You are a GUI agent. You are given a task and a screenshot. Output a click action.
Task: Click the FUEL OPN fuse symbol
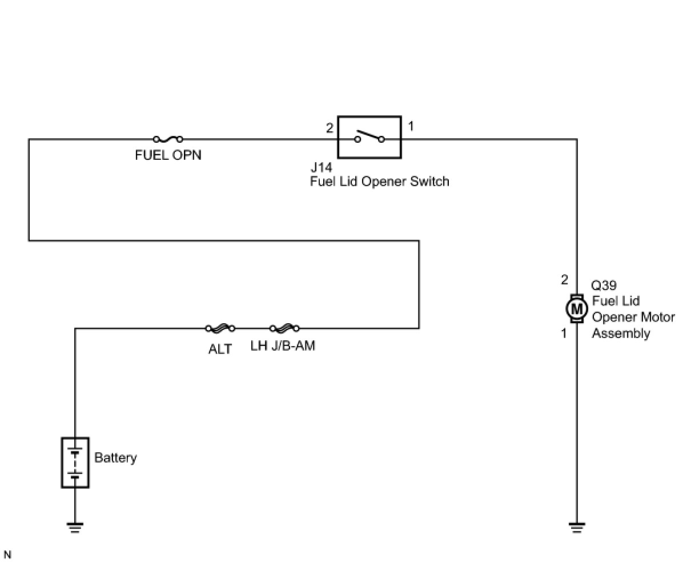tap(168, 139)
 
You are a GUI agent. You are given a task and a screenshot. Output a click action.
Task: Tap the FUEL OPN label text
tap(168, 155)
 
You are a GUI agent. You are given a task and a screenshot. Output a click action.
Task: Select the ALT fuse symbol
tap(220, 328)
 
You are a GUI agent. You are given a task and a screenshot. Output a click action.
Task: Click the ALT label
tap(220, 349)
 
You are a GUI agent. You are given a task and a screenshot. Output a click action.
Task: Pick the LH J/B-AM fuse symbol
tap(284, 328)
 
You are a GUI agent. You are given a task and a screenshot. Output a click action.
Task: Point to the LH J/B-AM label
tap(283, 345)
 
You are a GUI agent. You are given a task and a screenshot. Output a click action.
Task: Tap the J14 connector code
tap(321, 168)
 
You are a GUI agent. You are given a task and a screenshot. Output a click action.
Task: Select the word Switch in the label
tap(429, 181)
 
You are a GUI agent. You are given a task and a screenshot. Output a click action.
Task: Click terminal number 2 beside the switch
tap(330, 128)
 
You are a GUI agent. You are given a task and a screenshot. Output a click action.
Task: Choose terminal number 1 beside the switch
tap(411, 126)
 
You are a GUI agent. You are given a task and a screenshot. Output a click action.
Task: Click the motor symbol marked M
tap(576, 309)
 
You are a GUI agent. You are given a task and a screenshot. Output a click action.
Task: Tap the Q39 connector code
tap(604, 285)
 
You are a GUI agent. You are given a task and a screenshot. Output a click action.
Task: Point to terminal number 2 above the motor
tap(564, 280)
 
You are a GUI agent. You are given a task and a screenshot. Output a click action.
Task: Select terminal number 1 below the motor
tap(564, 333)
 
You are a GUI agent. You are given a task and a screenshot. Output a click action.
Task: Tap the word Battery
tap(115, 458)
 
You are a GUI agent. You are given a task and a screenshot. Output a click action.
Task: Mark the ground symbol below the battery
tap(75, 528)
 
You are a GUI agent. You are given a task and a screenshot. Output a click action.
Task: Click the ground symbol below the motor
tap(576, 528)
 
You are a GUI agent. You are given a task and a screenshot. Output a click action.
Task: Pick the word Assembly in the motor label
tap(621, 333)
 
